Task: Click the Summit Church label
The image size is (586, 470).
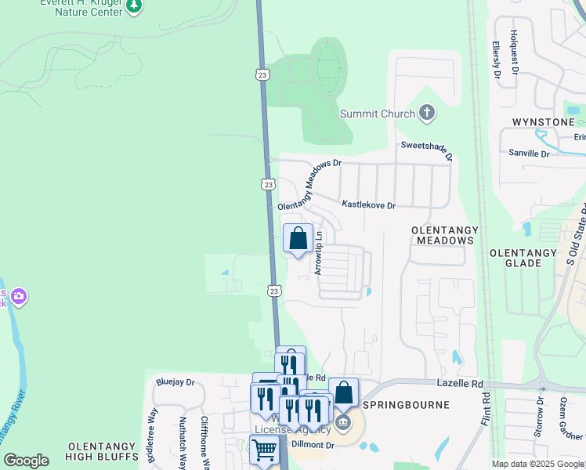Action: coord(377,114)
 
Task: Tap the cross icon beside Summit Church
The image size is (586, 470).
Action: coord(427,114)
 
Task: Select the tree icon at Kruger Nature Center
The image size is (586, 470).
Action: coord(135,6)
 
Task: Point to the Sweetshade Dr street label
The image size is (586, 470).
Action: coord(427,151)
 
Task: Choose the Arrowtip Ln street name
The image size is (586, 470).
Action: coord(319,252)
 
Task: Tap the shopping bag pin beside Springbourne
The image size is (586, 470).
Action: coord(343,392)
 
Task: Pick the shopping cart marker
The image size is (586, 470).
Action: coord(264,450)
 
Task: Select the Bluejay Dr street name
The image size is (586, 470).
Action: coord(175,383)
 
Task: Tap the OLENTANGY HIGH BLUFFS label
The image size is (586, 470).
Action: coord(103,450)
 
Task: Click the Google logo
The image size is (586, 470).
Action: coord(26,461)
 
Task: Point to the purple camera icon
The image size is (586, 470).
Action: coord(19,297)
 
